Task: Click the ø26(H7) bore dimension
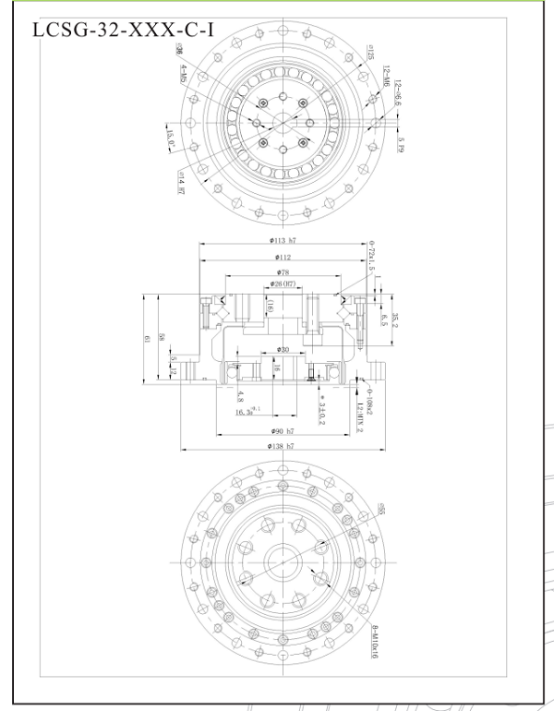[282, 283]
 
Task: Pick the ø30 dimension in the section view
[283, 350]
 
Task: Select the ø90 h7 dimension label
[283, 430]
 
